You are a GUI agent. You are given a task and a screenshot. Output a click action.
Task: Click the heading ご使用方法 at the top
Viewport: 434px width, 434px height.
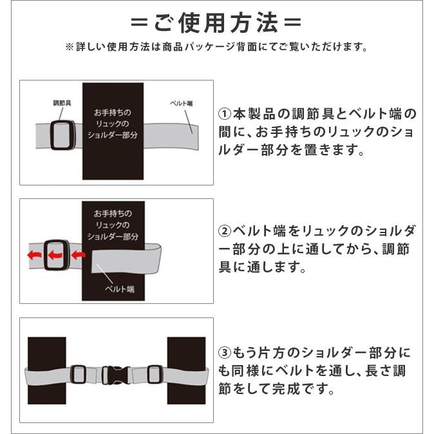[216, 23]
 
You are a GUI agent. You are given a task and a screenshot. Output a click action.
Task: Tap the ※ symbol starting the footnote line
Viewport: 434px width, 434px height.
[70, 47]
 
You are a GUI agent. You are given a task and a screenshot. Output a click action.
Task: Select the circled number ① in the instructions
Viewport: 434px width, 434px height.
[225, 114]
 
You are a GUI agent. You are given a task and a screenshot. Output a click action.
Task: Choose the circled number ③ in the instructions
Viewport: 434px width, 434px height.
[225, 353]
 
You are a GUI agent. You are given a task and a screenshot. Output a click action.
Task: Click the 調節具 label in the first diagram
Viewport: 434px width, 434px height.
[62, 102]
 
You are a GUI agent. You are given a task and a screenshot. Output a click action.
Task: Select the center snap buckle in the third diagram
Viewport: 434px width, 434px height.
[116, 375]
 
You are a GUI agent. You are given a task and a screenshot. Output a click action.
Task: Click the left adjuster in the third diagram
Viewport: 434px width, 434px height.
[79, 374]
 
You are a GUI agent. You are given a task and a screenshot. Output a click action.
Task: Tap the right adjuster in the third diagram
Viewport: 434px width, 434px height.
[155, 374]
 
